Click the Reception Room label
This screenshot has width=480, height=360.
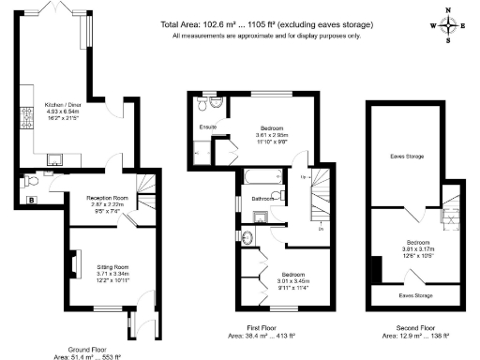(x=108, y=199)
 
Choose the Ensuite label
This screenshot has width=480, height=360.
(x=208, y=127)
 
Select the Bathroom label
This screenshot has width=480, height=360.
(x=262, y=199)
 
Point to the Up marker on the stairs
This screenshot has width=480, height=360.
(x=303, y=177)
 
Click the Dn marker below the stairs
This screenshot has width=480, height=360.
(x=321, y=228)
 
